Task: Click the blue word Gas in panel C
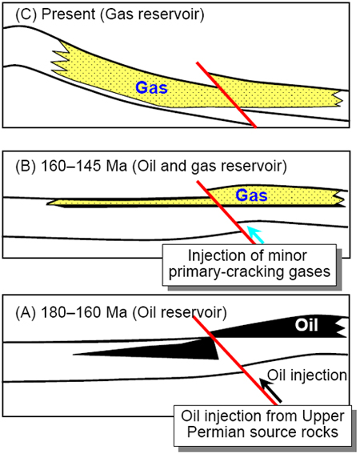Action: coord(152,87)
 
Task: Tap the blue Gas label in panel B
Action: coord(251,195)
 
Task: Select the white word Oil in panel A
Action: coord(306,325)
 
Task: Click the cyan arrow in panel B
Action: coord(256,235)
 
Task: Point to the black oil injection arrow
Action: coord(270,390)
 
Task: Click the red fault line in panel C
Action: coord(226,94)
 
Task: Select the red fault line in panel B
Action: coord(226,213)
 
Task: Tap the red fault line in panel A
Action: coord(234,360)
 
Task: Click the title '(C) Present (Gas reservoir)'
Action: coord(110,14)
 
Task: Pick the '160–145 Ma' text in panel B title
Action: coord(84,166)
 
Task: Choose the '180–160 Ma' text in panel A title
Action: coord(84,312)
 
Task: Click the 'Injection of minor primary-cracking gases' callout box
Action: coord(249,265)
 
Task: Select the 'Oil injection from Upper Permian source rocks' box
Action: coord(262,425)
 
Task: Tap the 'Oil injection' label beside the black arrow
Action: coord(307,376)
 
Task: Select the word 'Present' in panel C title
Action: coord(68,14)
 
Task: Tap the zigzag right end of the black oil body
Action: coord(342,327)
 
